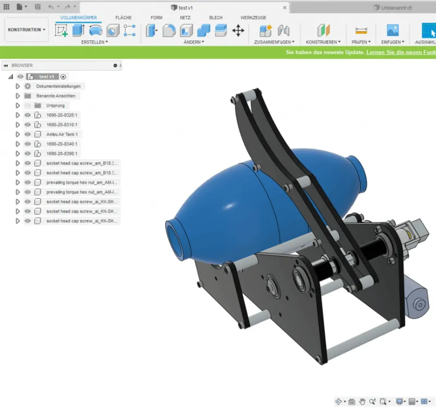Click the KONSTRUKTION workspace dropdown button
[x=26, y=30]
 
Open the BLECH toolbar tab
[x=216, y=18]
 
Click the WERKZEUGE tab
[x=253, y=18]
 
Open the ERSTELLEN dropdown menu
[x=94, y=42]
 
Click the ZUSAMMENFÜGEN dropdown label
[x=274, y=42]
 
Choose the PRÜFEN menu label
[x=361, y=42]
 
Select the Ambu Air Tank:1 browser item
[x=62, y=135]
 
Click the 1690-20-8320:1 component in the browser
[x=62, y=115]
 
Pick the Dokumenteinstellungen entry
[x=58, y=87]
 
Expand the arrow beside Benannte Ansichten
[x=17, y=96]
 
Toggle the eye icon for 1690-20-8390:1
[x=27, y=154]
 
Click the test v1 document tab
[x=185, y=8]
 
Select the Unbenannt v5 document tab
[x=395, y=8]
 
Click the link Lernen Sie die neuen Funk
[x=401, y=53]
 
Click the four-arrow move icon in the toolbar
[x=238, y=30]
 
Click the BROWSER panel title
[x=22, y=65]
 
